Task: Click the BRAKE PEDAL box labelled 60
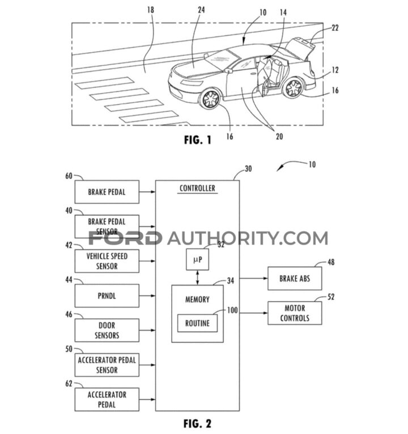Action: (x=106, y=192)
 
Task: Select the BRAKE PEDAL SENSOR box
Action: (x=106, y=227)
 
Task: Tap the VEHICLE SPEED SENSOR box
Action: (x=106, y=260)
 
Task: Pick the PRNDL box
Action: (x=106, y=295)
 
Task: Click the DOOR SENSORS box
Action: (x=106, y=330)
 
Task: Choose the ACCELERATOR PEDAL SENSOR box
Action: (x=106, y=365)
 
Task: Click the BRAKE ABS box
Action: (x=294, y=279)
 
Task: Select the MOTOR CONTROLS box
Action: (x=294, y=313)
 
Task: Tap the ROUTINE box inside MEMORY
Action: (x=197, y=323)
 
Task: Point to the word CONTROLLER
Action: (x=197, y=188)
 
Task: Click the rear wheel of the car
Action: (x=293, y=88)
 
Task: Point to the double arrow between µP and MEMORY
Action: (x=197, y=277)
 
